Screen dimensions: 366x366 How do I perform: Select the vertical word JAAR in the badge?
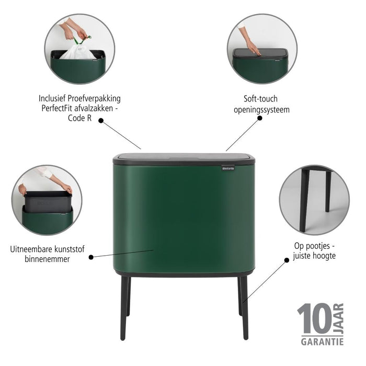pos(338,318)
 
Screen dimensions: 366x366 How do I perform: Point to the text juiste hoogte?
pos(314,256)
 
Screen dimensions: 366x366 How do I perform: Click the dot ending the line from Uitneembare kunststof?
pos(91,257)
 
